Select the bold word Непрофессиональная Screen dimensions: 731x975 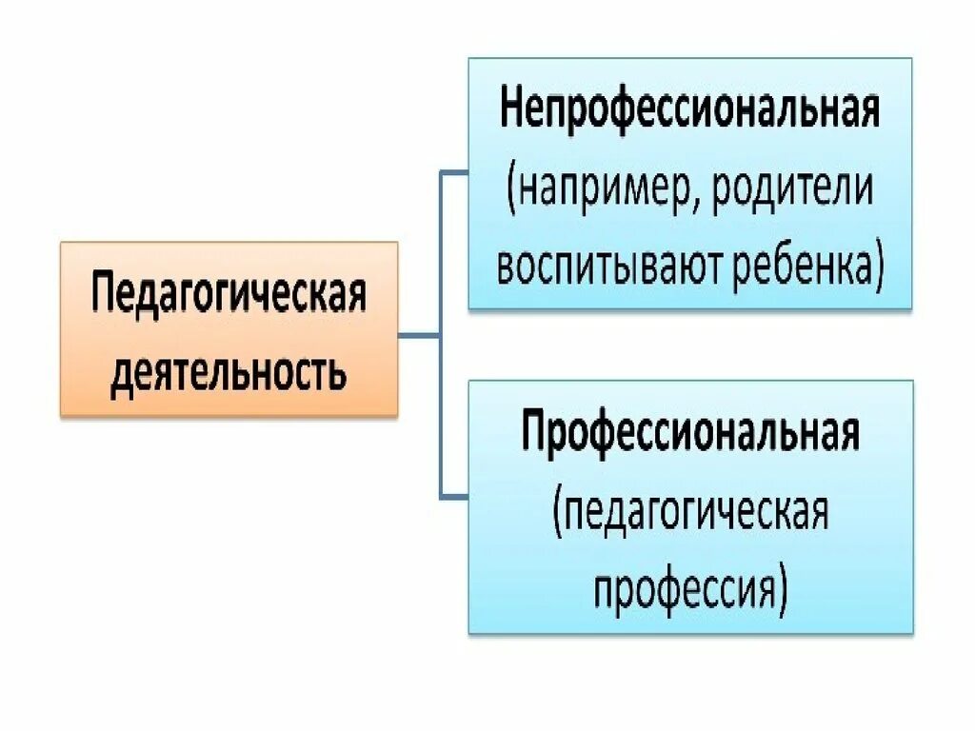(x=689, y=112)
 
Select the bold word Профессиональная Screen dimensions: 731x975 (x=689, y=435)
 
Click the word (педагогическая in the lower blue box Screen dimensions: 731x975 (x=689, y=514)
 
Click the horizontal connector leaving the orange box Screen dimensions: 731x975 (x=419, y=335)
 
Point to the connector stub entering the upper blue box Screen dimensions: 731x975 (x=454, y=172)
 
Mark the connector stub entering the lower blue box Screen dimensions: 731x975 (x=454, y=497)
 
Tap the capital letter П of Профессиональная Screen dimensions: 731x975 (x=534, y=435)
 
